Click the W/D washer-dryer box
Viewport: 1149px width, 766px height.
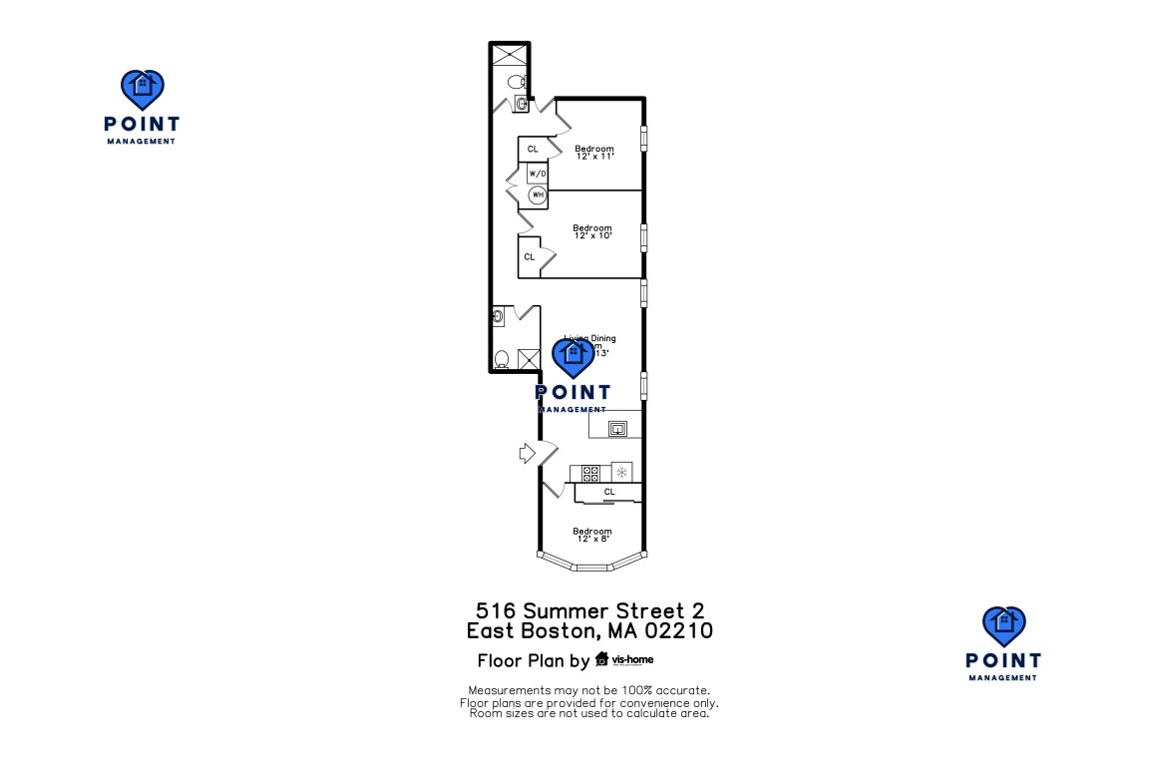click(538, 174)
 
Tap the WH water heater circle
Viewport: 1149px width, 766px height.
click(538, 194)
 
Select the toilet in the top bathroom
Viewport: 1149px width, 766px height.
click(516, 81)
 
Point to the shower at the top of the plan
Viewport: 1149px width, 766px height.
click(509, 55)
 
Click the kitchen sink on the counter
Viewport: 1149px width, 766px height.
click(617, 429)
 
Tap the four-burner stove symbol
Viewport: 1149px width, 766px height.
click(589, 472)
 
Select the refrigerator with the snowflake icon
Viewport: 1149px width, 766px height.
click(621, 472)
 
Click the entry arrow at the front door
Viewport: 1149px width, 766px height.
click(527, 454)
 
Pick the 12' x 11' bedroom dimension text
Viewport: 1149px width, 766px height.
click(594, 157)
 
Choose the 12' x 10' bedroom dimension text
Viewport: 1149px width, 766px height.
click(591, 236)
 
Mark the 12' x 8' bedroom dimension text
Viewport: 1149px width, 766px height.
click(591, 540)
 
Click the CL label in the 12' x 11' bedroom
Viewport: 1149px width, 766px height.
click(533, 149)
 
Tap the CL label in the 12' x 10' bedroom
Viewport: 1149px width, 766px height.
click(529, 256)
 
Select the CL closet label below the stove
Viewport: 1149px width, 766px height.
click(609, 492)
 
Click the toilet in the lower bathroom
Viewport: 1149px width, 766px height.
click(503, 359)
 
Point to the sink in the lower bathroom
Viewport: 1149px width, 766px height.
click(499, 318)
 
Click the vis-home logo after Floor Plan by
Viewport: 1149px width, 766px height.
click(624, 659)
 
